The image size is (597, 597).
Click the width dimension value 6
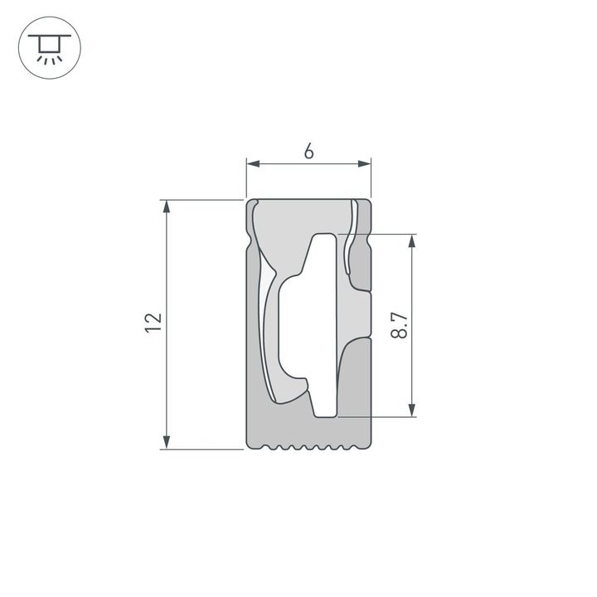coord(308,151)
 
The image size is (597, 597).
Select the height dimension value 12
coord(152,323)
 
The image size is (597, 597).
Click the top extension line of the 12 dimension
coord(203,200)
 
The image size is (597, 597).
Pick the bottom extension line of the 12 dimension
coord(203,449)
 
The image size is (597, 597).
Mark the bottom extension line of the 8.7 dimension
coord(377,416)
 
